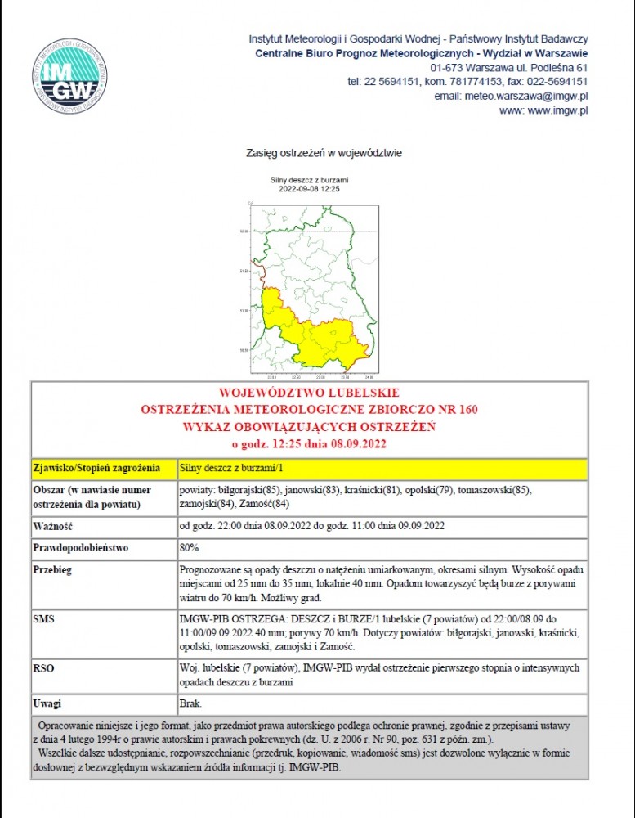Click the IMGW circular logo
click(x=69, y=75)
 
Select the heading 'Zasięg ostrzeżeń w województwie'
click(x=324, y=153)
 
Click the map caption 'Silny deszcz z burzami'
click(x=309, y=180)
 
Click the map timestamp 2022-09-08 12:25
click(x=309, y=189)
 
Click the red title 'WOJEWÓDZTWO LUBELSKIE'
click(x=309, y=393)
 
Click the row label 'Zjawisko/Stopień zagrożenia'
click(x=96, y=469)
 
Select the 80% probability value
click(x=189, y=548)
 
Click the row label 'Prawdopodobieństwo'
click(x=81, y=548)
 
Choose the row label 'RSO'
click(x=44, y=668)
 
